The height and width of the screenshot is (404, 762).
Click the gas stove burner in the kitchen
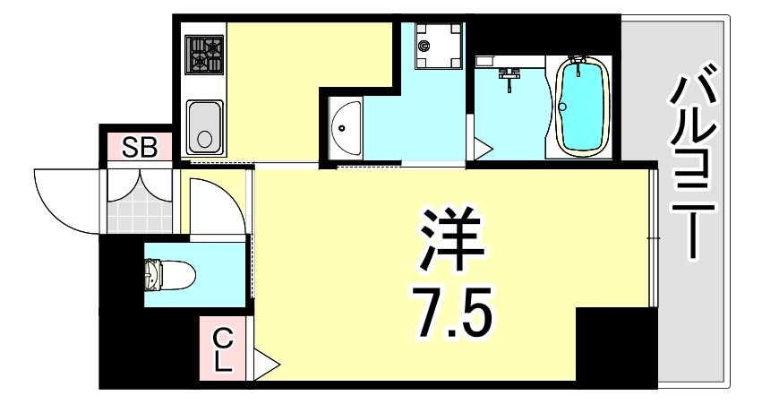[205, 56]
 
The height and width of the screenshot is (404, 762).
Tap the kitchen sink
[205, 127]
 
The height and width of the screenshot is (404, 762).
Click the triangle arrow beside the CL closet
[267, 365]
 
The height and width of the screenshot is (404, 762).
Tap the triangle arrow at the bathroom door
[482, 148]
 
